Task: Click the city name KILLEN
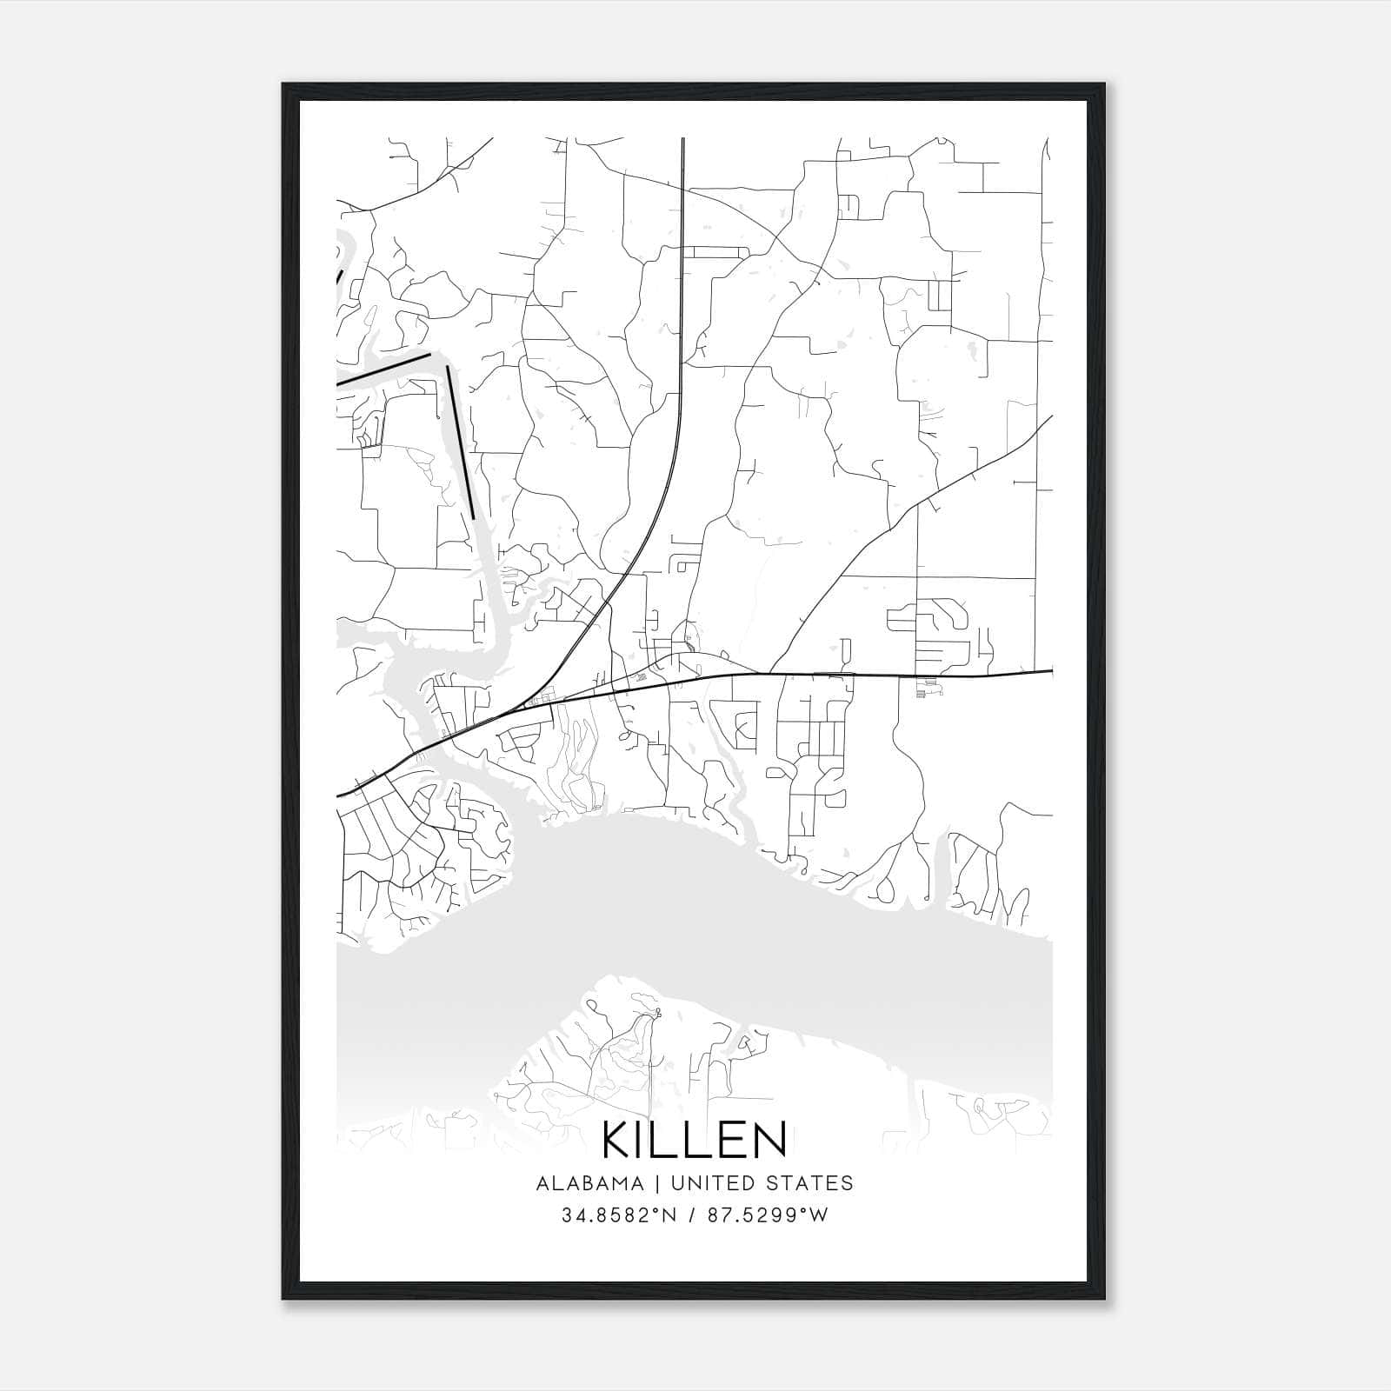[x=694, y=1141]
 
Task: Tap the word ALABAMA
[x=590, y=1183]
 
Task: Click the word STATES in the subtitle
[x=810, y=1183]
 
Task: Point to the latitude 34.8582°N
[x=618, y=1215]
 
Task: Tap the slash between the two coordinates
[x=692, y=1215]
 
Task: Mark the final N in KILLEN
[x=769, y=1141]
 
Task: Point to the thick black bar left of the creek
[x=383, y=369]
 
